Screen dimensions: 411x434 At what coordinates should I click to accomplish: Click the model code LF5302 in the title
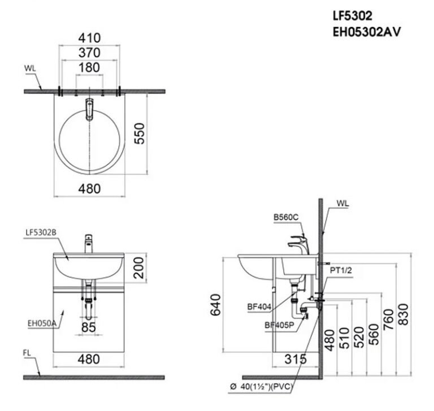pyautogui.click(x=353, y=17)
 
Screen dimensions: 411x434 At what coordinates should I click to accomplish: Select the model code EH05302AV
pyautogui.click(x=367, y=32)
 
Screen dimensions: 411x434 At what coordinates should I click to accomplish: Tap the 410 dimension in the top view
pyautogui.click(x=90, y=38)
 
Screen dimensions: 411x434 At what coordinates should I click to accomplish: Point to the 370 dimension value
pyautogui.click(x=90, y=53)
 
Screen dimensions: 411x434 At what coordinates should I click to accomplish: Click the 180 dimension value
pyautogui.click(x=90, y=68)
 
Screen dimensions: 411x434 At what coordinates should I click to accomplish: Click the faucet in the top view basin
pyautogui.click(x=89, y=109)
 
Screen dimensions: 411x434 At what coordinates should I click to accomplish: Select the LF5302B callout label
pyautogui.click(x=41, y=232)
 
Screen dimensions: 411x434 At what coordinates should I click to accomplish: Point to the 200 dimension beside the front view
pyautogui.click(x=140, y=267)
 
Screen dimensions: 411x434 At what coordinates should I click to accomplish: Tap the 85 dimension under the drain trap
pyautogui.click(x=89, y=326)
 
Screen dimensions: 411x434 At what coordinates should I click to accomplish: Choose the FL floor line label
pyautogui.click(x=28, y=353)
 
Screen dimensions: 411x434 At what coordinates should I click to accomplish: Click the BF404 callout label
pyautogui.click(x=258, y=308)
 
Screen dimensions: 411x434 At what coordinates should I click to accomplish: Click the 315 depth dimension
pyautogui.click(x=296, y=359)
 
